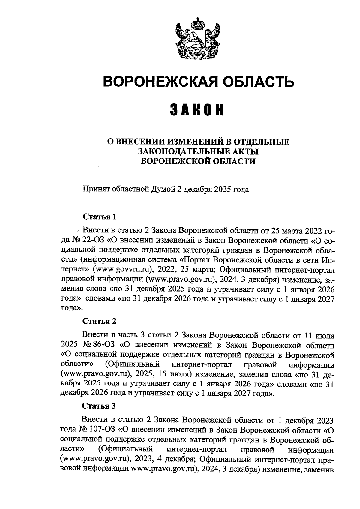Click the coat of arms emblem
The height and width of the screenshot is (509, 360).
click(x=197, y=38)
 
